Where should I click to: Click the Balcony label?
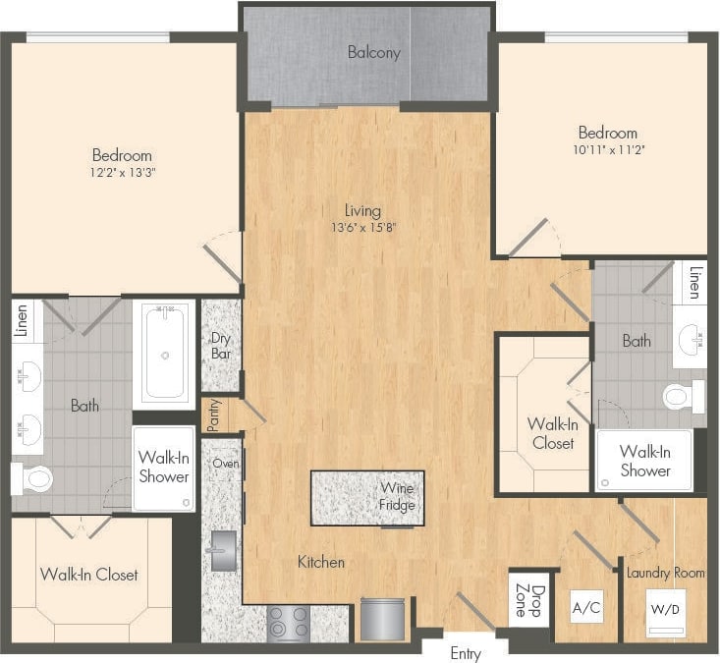coord(374,52)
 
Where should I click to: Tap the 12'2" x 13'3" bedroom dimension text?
coord(123,172)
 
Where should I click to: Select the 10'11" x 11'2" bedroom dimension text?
coord(607,150)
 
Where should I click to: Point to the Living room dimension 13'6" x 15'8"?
coord(362,227)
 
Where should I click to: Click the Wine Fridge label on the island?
coord(397,497)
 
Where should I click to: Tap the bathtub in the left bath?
coord(164,354)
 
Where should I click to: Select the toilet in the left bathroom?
coord(32,479)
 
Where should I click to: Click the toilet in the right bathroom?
coord(683,396)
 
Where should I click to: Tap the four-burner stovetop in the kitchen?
coord(289,624)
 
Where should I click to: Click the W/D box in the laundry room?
coord(663,608)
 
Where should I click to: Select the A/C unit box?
coord(586,608)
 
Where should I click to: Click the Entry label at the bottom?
coord(466,652)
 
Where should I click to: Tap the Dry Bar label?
coord(220,347)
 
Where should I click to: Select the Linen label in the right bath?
coord(694,282)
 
